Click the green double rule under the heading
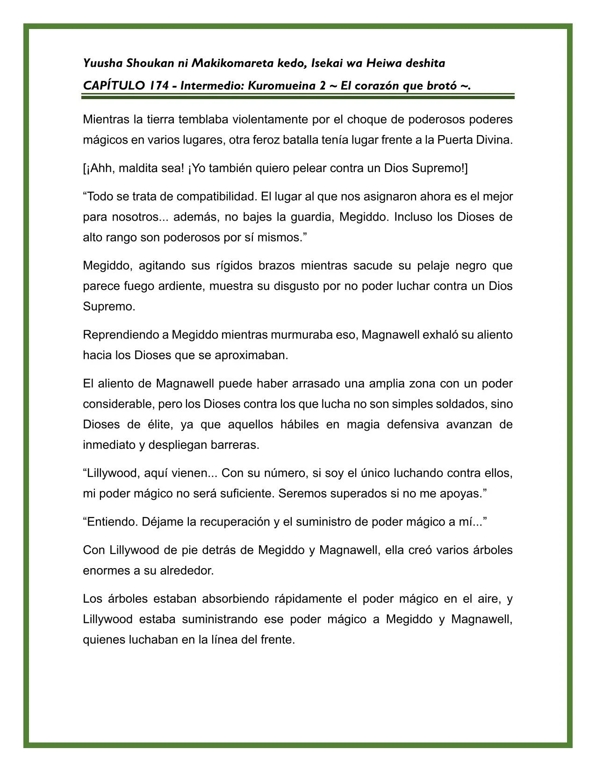click(x=298, y=96)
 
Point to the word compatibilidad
click(x=208, y=196)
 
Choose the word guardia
click(x=310, y=217)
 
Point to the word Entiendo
click(x=111, y=522)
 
